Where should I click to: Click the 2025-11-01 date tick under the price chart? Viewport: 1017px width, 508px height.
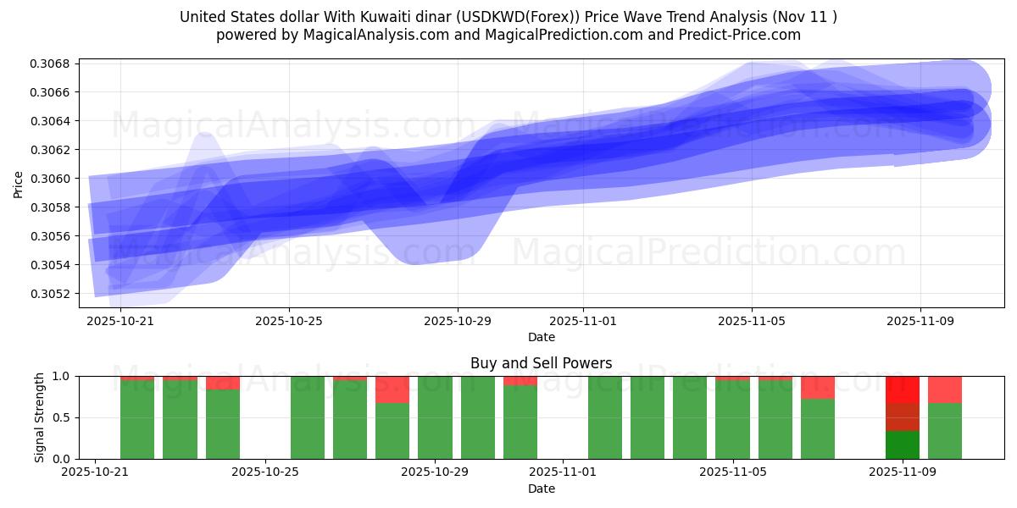pyautogui.click(x=583, y=322)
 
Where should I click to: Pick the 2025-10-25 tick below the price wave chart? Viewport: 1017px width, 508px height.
pyautogui.click(x=289, y=322)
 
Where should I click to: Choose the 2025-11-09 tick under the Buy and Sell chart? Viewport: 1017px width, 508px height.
pyautogui.click(x=902, y=472)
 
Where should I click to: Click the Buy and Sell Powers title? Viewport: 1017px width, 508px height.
pyautogui.click(x=541, y=363)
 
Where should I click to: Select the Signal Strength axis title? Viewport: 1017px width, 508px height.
pyautogui.click(x=39, y=417)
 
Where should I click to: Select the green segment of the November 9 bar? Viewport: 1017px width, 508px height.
pyautogui.click(x=902, y=444)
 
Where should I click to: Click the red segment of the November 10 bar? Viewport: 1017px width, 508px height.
pyautogui.click(x=944, y=389)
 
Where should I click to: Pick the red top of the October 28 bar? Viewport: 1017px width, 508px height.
pyautogui.click(x=392, y=389)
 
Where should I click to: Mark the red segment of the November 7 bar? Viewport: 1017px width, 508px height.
pyautogui.click(x=817, y=387)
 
